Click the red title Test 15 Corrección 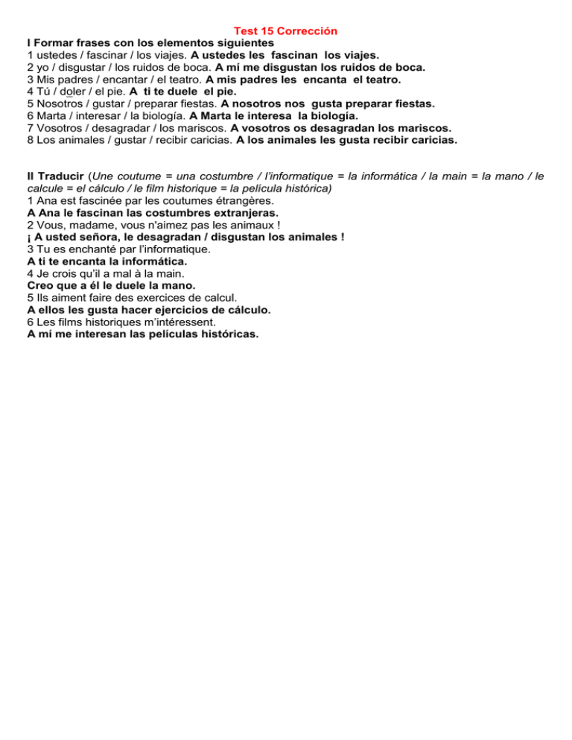285,31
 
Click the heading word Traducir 59,176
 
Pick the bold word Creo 42,285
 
